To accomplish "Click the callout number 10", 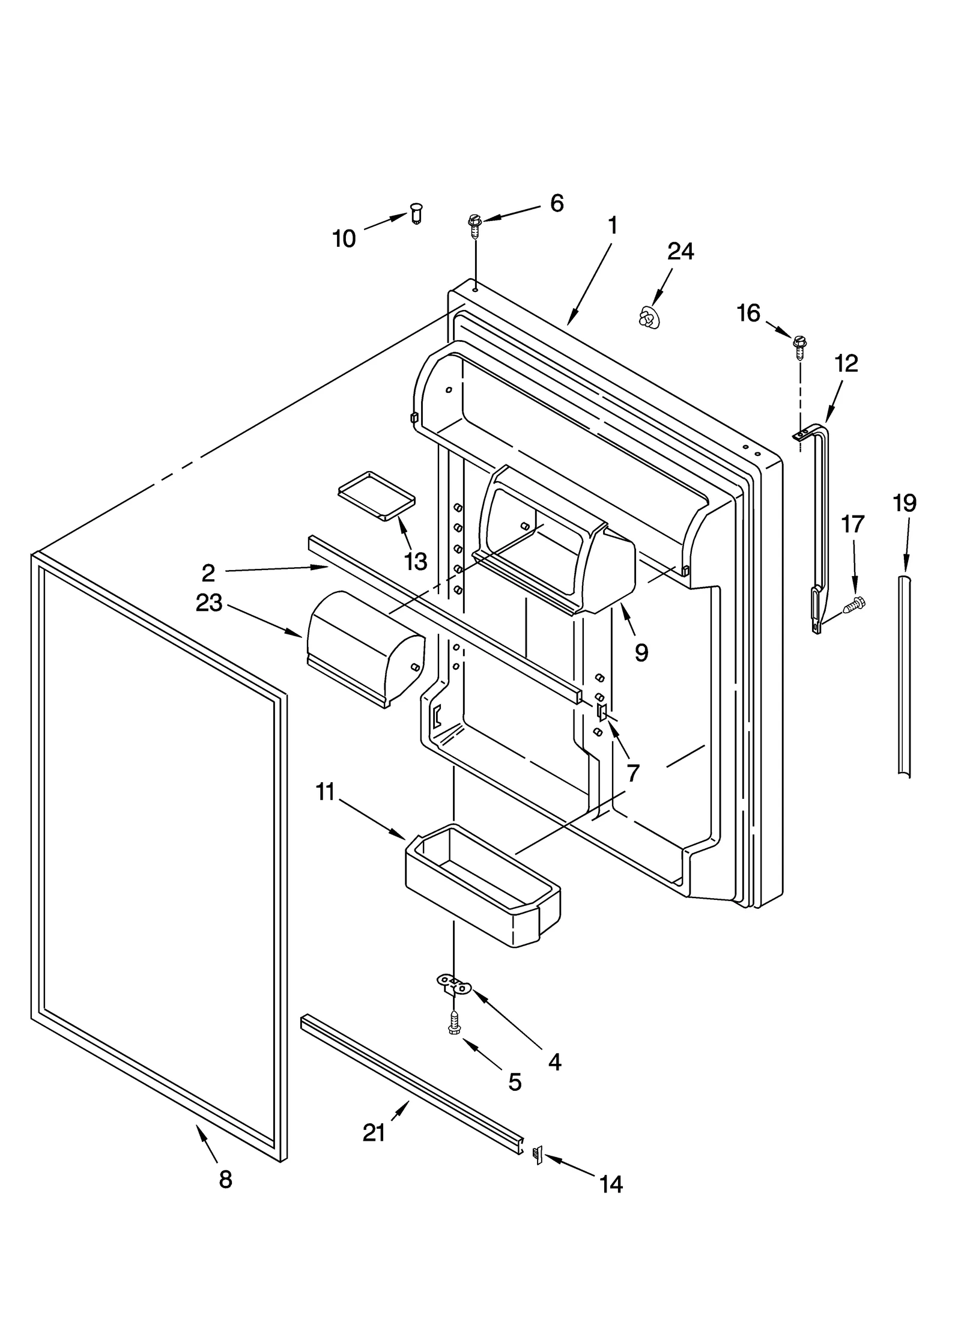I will (344, 239).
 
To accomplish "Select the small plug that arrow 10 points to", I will (416, 213).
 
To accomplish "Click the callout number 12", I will (846, 363).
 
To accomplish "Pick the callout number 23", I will (208, 603).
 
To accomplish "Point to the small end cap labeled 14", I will (538, 1155).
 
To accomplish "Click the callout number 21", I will (374, 1133).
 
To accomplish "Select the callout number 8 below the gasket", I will (225, 1180).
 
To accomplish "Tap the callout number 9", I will (641, 652).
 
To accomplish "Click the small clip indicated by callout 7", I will (601, 712).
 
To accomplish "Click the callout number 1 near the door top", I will (612, 226).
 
